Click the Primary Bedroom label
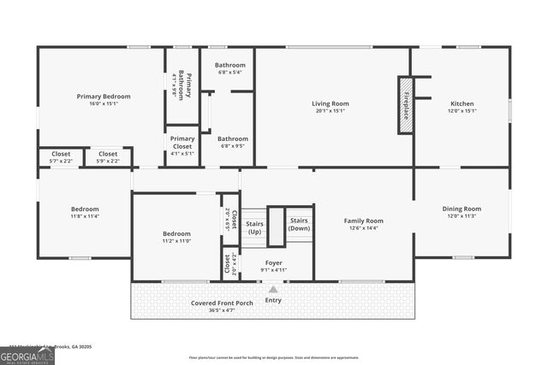[104, 97]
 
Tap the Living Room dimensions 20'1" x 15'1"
[330, 110]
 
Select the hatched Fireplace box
[405, 105]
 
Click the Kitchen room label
[462, 103]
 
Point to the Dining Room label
[462, 209]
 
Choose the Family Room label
[363, 221]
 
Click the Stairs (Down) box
[299, 224]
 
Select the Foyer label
[273, 263]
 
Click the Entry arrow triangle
[273, 289]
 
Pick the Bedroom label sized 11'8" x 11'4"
[85, 209]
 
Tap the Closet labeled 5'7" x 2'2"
[61, 156]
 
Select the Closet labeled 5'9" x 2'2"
[107, 156]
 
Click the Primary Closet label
[182, 142]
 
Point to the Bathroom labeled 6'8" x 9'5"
[232, 138]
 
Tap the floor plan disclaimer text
[274, 357]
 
